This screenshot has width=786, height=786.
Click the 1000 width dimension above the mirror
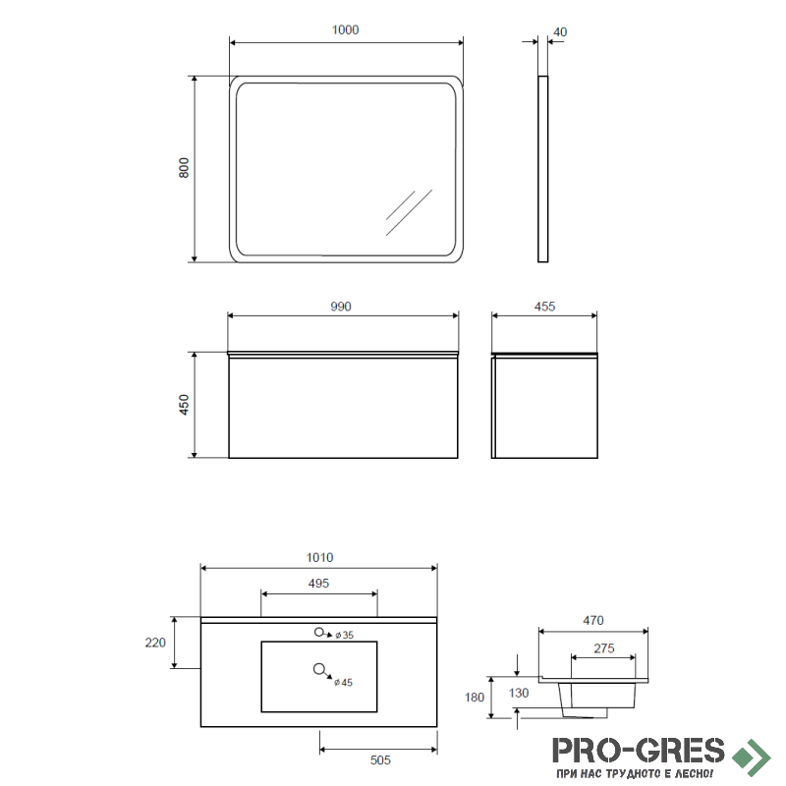click(345, 30)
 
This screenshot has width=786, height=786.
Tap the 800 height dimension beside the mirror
click(184, 168)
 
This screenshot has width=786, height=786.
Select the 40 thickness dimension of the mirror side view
click(560, 32)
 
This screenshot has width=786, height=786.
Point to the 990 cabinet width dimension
click(341, 307)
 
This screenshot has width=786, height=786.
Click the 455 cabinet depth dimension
click(545, 307)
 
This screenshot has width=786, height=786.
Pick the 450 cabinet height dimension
click(184, 405)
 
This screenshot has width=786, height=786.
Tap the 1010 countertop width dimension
click(320, 557)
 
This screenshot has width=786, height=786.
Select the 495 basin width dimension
click(318, 583)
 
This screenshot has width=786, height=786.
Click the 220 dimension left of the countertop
click(155, 643)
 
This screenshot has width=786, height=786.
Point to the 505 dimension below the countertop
click(380, 759)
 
